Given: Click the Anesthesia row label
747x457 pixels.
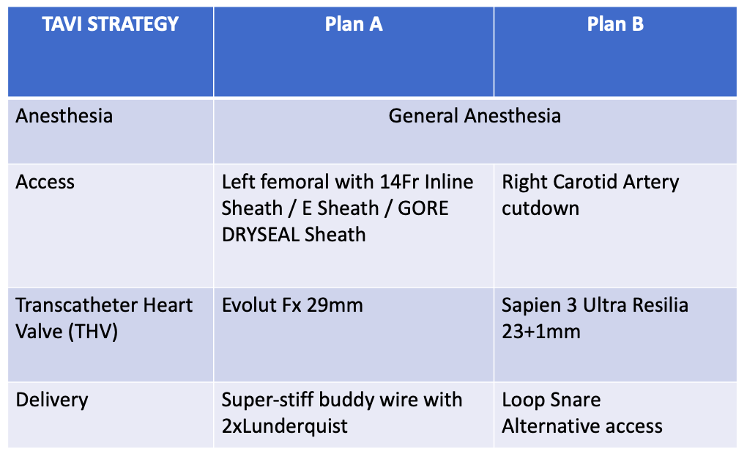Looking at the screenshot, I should [64, 116].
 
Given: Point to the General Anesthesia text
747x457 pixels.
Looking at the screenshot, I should [475, 116].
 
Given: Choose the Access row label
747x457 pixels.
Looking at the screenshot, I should [45, 182].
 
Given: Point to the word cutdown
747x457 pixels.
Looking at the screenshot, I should [540, 208].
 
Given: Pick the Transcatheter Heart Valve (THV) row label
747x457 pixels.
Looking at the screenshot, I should [104, 318].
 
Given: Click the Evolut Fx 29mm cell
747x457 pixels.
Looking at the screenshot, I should [293, 305].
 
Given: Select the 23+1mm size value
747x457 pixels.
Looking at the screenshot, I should [541, 331].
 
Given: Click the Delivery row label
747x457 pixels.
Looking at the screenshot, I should [52, 400].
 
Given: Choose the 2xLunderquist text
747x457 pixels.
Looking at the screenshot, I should [285, 425].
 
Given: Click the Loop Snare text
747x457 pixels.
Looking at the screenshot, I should [551, 400].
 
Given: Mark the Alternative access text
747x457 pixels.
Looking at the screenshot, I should [582, 425].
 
